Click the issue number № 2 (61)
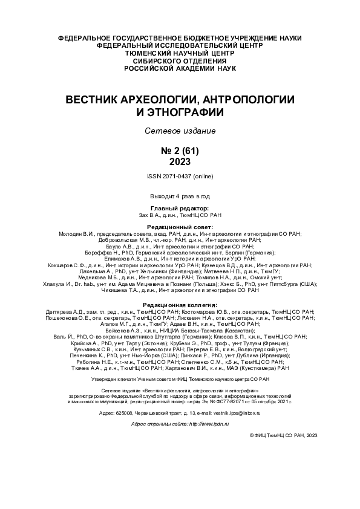(x=180, y=151)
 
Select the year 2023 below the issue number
(x=180, y=161)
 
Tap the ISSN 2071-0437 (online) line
(x=180, y=176)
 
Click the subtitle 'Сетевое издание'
(x=180, y=131)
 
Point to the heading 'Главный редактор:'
(x=180, y=207)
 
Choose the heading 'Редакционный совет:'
(x=180, y=225)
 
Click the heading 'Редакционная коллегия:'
(x=180, y=305)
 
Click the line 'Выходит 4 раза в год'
(x=180, y=196)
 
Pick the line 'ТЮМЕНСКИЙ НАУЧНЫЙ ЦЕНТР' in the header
(x=180, y=53)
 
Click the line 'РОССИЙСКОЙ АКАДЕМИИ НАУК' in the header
(x=180, y=68)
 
